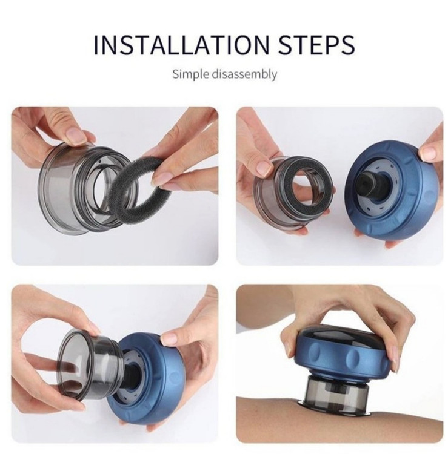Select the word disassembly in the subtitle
(244, 74)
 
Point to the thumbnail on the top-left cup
(76, 134)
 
